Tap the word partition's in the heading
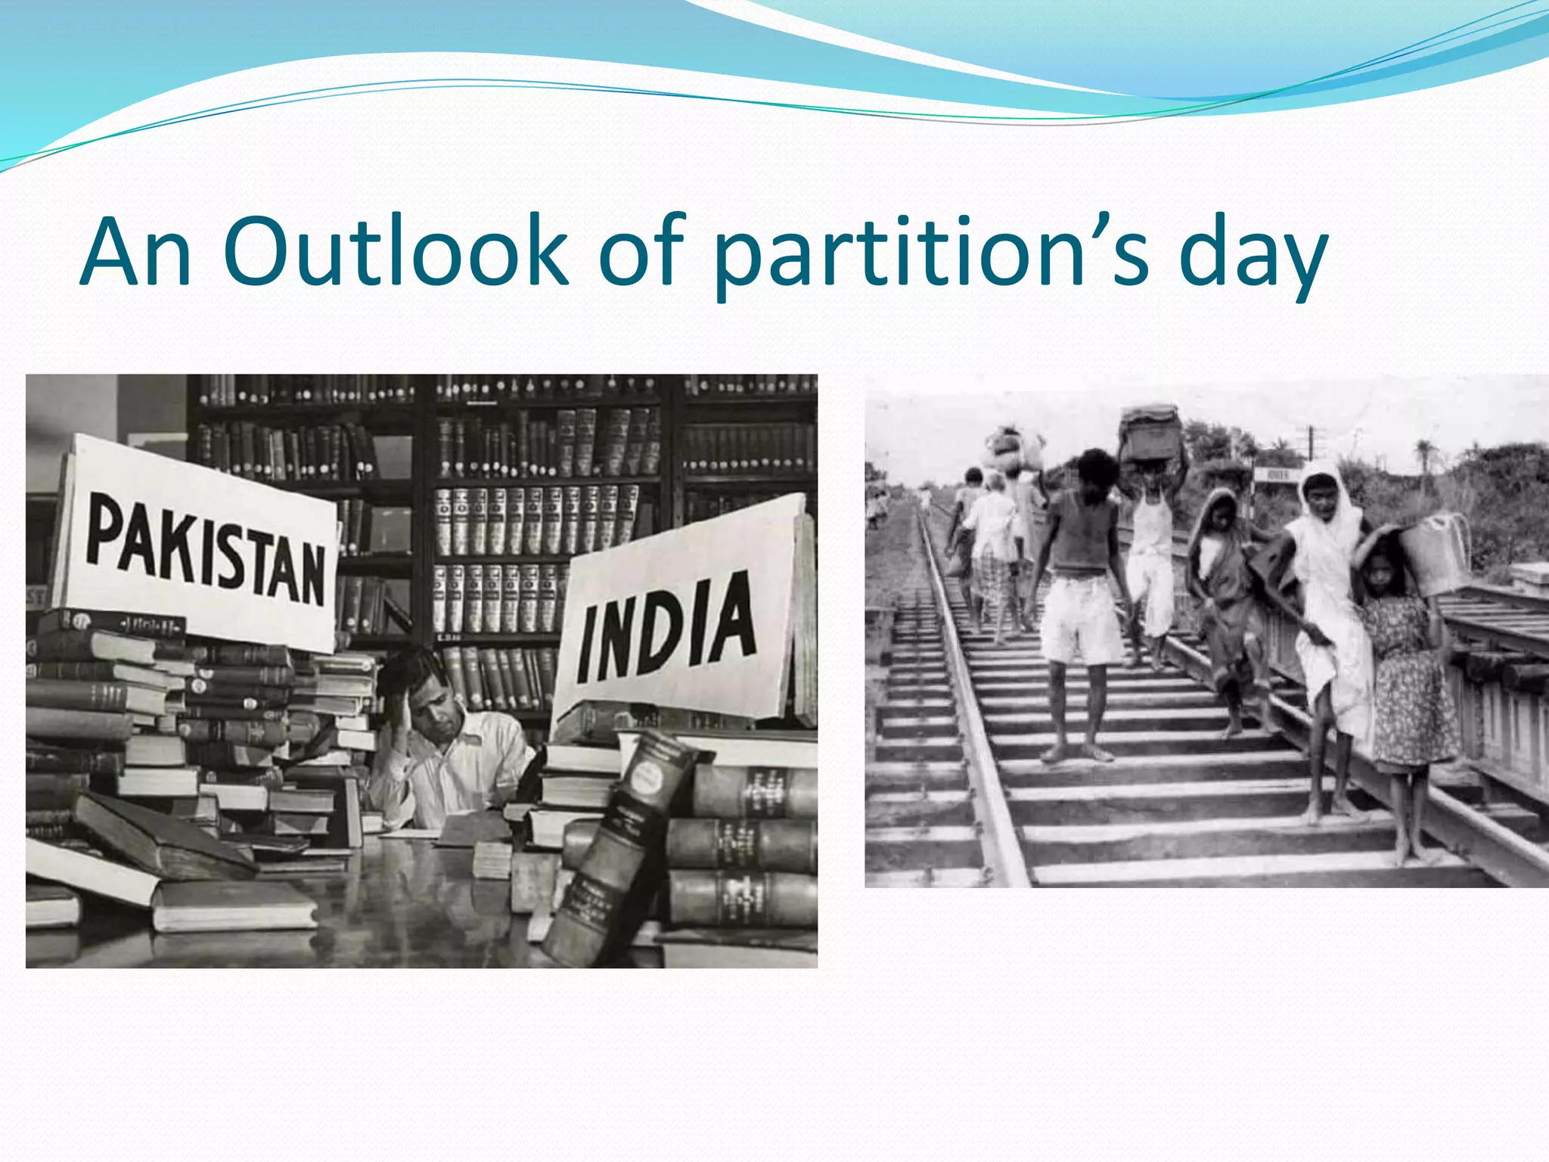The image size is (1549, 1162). (x=930, y=253)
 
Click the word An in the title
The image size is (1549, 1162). (x=136, y=253)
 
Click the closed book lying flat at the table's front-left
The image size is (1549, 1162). (x=234, y=904)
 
